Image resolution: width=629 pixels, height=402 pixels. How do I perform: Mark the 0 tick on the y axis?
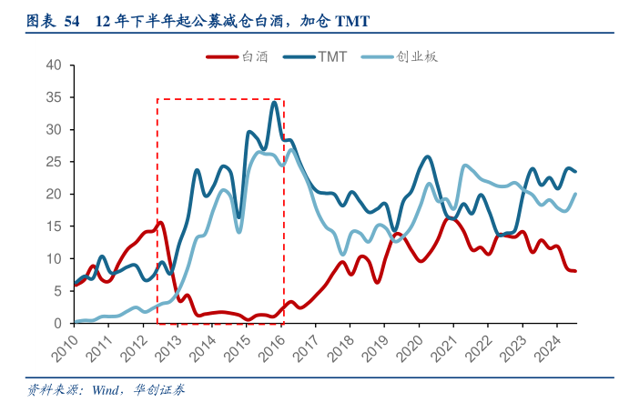(x=57, y=324)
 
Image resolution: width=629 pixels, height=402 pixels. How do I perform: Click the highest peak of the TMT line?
(x=274, y=102)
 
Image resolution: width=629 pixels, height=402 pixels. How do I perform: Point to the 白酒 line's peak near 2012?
(x=160, y=222)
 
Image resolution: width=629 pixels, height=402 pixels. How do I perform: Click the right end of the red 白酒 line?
(x=575, y=271)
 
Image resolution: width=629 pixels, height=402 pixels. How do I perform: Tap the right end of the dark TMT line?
(x=575, y=171)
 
